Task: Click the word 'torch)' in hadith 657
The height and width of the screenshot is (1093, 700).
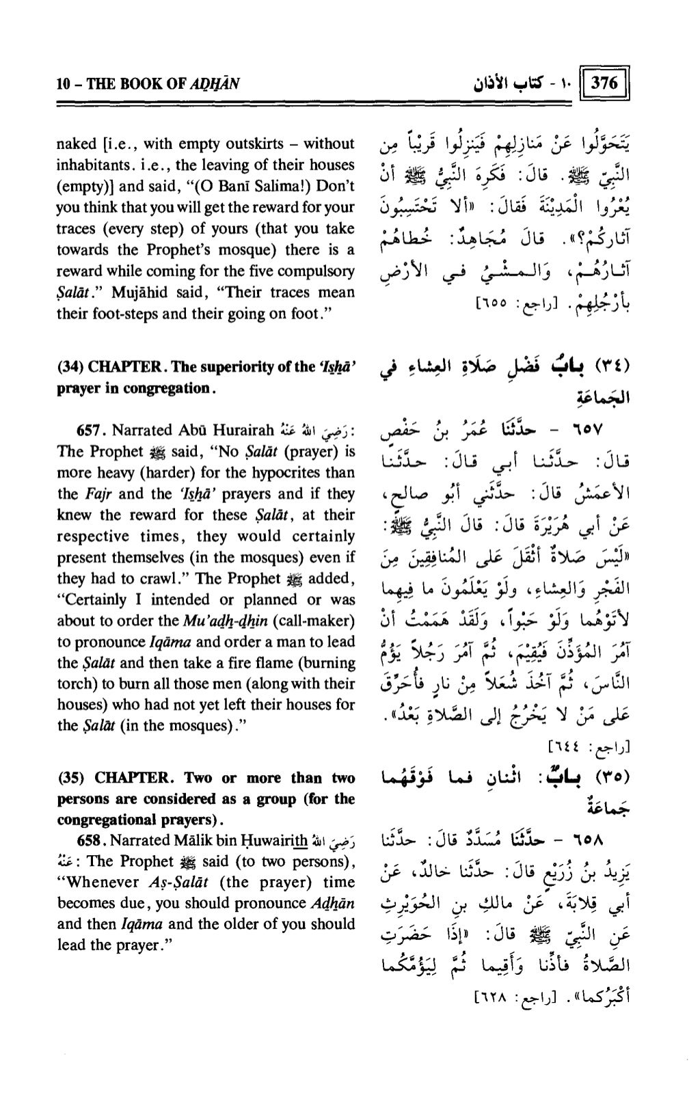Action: [75, 684]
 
